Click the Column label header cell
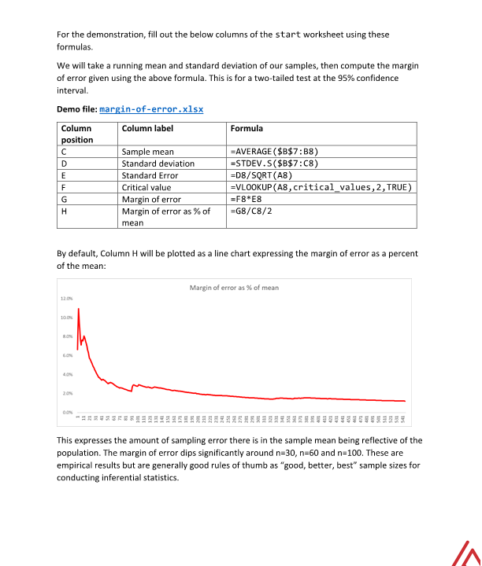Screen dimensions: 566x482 point(147,128)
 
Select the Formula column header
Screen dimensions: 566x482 point(247,128)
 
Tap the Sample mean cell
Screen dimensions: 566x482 point(147,152)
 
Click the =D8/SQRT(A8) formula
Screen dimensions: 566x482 point(261,175)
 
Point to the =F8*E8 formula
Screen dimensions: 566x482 point(247,199)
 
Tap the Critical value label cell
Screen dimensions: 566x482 point(146,187)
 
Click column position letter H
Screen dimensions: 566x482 point(63,211)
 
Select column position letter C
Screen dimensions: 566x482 point(63,152)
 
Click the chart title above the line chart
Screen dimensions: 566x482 point(234,288)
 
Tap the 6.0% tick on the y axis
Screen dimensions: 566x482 point(67,355)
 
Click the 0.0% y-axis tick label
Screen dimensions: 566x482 point(67,412)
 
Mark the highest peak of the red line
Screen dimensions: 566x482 point(79,309)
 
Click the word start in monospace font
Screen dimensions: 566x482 point(289,35)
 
